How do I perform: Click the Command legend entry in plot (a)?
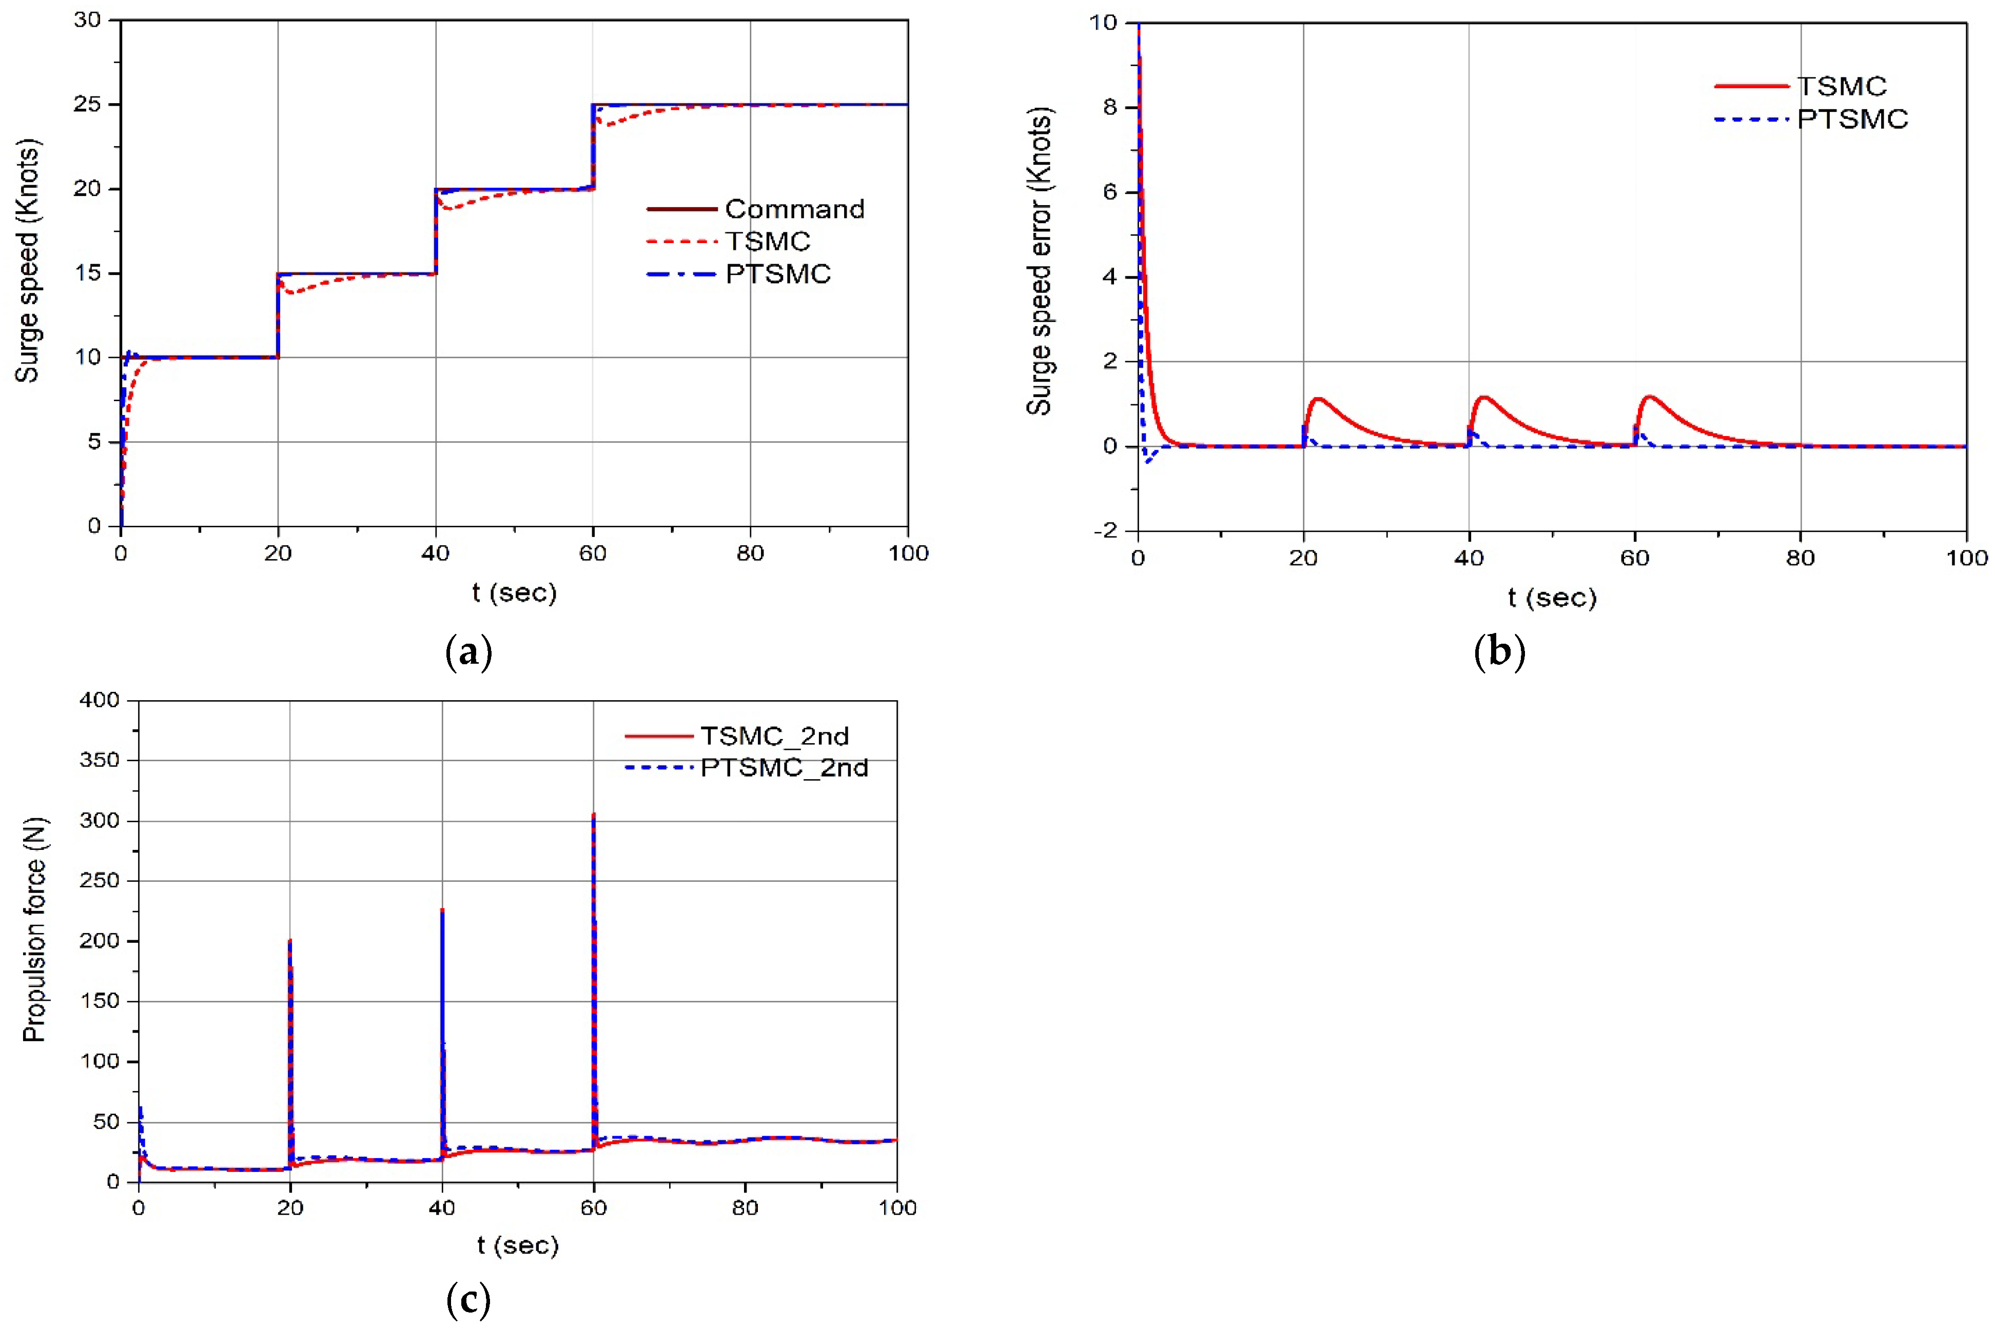click(x=793, y=209)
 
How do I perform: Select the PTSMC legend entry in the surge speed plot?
click(x=777, y=274)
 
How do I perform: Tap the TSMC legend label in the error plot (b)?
click(x=1842, y=86)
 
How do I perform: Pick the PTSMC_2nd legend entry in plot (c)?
click(x=783, y=768)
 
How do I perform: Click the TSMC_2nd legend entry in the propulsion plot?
click(x=773, y=736)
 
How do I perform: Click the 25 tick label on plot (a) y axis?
click(x=87, y=104)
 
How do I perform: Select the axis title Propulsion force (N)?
click(x=35, y=929)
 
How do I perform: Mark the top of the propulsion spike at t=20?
click(x=290, y=940)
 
